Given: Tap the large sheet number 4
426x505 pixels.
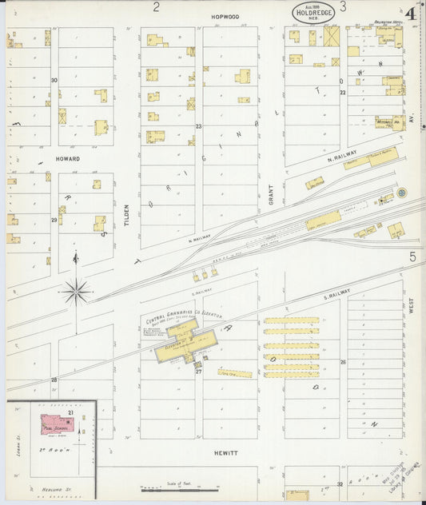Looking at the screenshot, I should [x=410, y=13].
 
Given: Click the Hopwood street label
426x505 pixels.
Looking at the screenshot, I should [x=225, y=16].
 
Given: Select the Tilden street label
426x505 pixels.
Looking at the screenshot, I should [x=126, y=214].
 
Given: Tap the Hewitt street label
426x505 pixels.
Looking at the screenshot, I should [x=225, y=452].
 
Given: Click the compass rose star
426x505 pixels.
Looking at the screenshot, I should [x=76, y=291].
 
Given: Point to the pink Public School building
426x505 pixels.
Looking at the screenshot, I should [x=58, y=424].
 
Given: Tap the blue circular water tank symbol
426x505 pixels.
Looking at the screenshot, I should [x=401, y=193].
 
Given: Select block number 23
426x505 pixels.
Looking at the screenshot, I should [x=198, y=126].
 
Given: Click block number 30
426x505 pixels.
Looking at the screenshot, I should [x=54, y=80].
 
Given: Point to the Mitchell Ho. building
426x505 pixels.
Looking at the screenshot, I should [x=389, y=122].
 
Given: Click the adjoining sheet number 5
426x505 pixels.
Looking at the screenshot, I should [x=413, y=256].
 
